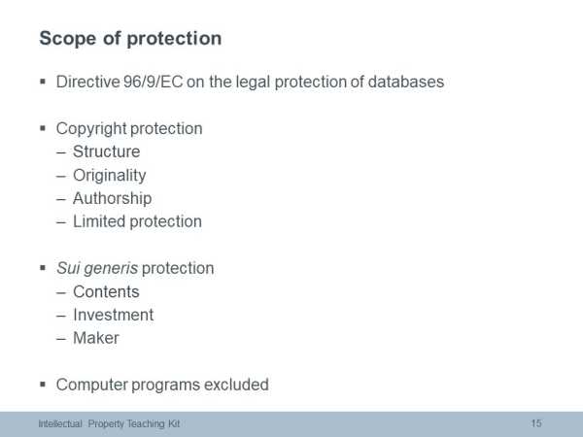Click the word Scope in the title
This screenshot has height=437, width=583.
[x=68, y=38]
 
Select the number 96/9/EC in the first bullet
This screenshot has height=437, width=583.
[x=154, y=82]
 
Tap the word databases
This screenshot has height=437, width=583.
[x=406, y=82]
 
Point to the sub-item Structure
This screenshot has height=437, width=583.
[x=106, y=151]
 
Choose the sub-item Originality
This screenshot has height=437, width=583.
[x=110, y=176]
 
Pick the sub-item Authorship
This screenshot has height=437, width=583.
[x=113, y=198]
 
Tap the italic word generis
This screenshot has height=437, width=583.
[x=111, y=269]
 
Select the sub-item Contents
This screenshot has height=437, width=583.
[x=106, y=291]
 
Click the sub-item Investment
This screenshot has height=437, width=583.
[x=114, y=315]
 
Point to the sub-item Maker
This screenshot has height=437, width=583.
[x=96, y=338]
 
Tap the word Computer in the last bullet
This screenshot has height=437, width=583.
[x=92, y=386]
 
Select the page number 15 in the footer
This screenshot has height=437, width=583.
[x=536, y=423]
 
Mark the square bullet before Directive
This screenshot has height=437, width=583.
[x=43, y=82]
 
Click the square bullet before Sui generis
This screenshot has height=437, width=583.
[x=43, y=268]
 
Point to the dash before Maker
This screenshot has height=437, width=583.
[x=61, y=339]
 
